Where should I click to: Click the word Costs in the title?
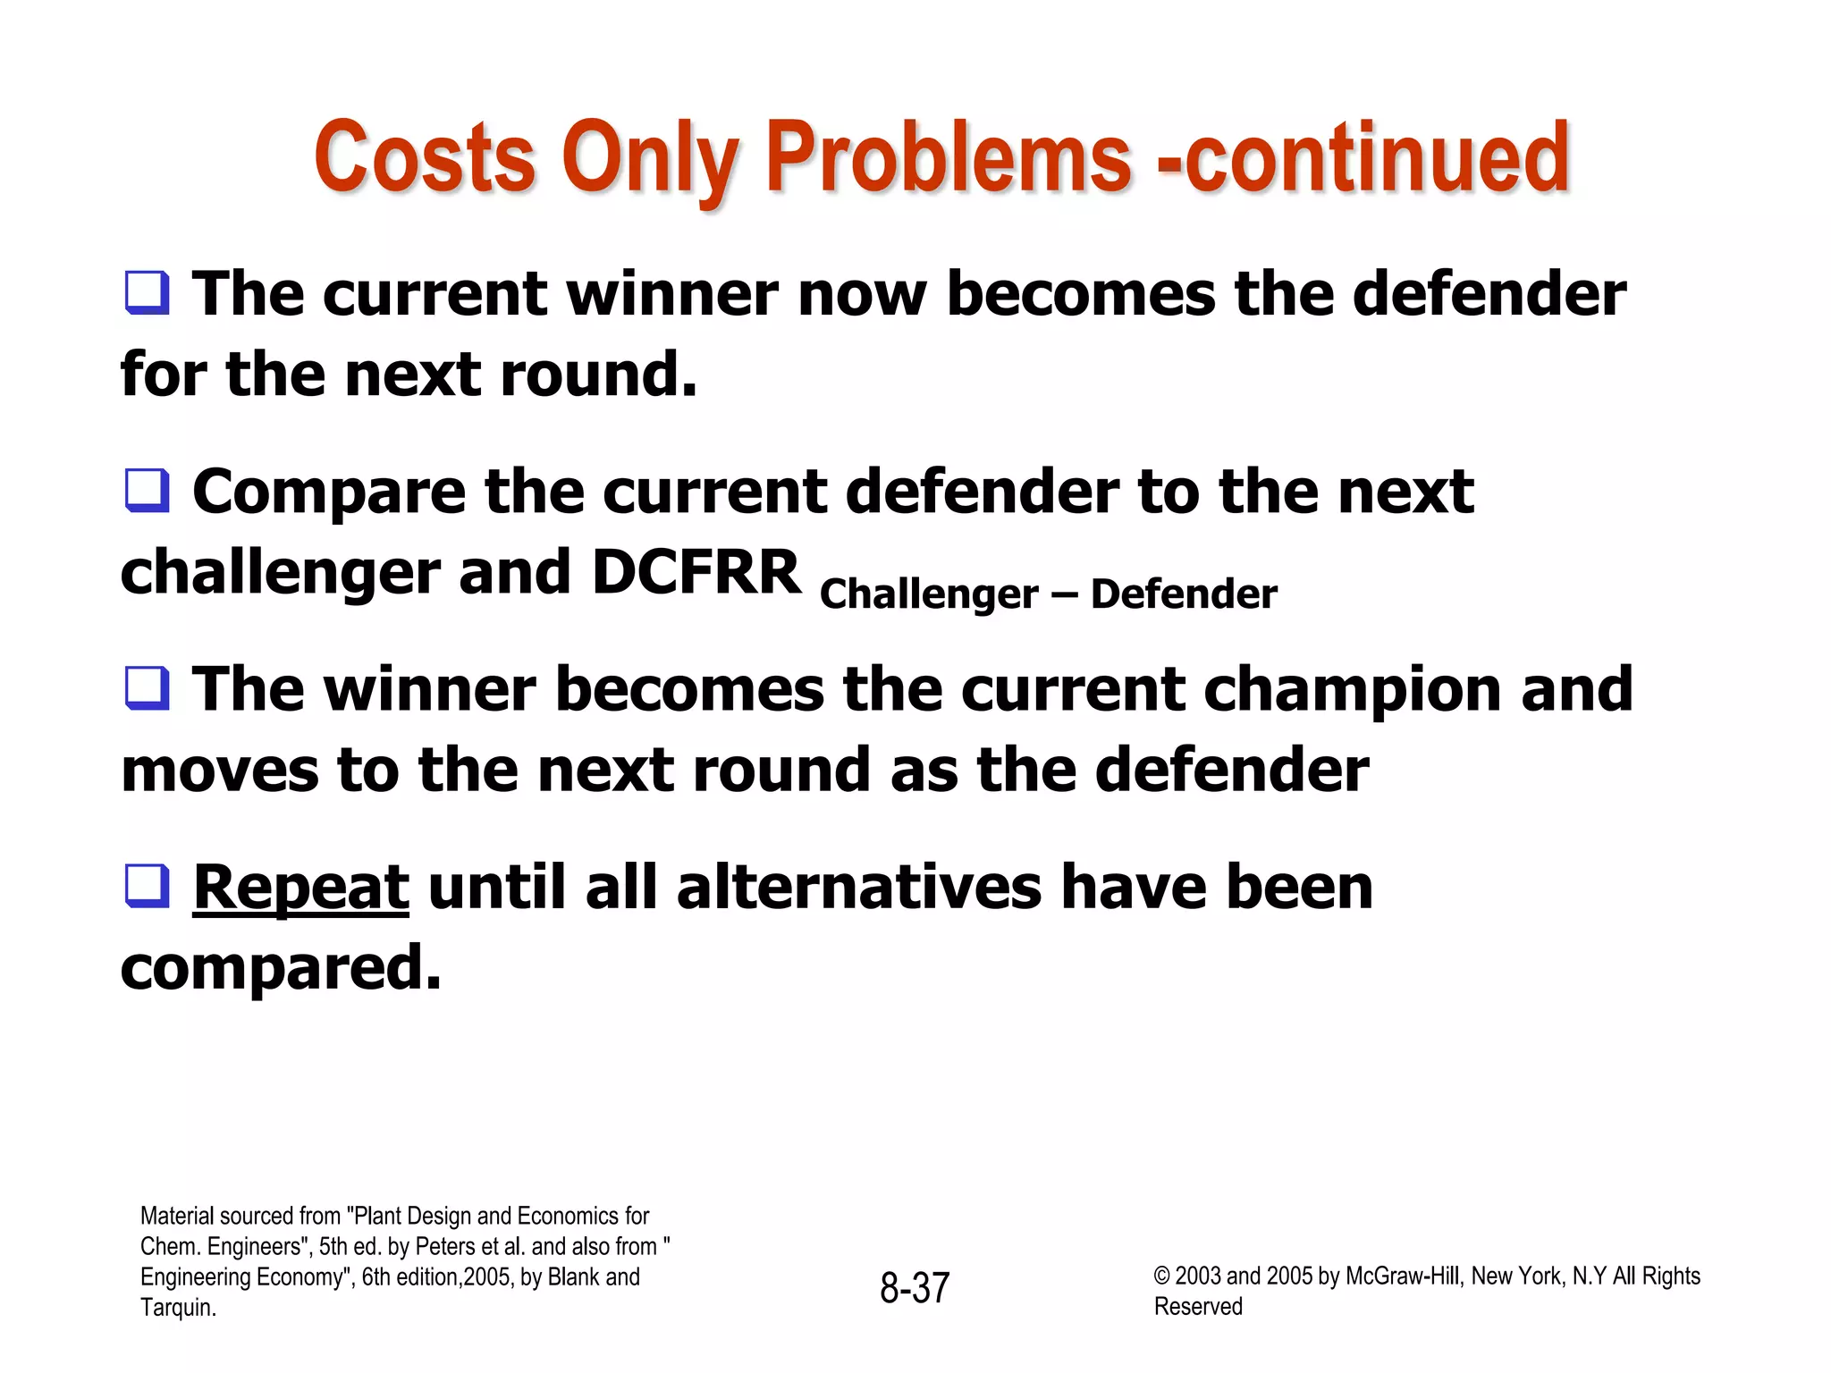click(x=424, y=158)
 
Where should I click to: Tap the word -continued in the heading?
click(x=1363, y=158)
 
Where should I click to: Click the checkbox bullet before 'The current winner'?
click(x=147, y=293)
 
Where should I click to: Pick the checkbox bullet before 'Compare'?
click(x=147, y=491)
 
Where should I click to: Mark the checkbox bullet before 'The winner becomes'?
click(x=147, y=688)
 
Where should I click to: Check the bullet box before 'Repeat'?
click(x=147, y=886)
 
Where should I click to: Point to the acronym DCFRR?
click(x=696, y=571)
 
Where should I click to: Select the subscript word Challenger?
click(x=929, y=594)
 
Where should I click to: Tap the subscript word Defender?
click(x=1184, y=594)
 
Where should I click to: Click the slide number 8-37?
click(x=914, y=1288)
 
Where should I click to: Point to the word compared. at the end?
click(x=281, y=968)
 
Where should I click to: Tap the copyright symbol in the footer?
click(x=1161, y=1276)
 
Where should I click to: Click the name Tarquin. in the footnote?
click(x=178, y=1308)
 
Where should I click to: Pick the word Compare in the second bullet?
click(x=329, y=493)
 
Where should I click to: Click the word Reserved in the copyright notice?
click(x=1198, y=1307)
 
